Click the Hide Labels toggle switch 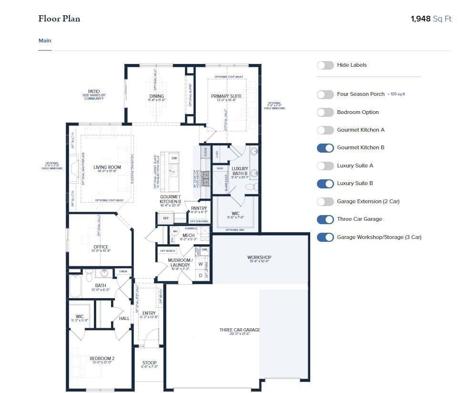325,65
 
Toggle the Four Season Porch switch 325,94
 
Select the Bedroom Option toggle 325,113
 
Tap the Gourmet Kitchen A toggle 325,130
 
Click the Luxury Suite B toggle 325,184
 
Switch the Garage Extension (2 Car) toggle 325,202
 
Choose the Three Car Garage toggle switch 325,219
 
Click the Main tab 45,41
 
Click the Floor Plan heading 59,19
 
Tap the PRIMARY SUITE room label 226,96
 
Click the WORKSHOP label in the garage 259,258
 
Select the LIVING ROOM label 107,167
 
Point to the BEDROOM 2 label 102,359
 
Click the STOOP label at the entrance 150,363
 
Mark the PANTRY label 199,208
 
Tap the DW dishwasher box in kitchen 174,158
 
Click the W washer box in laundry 201,264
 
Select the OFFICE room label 101,247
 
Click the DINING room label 157,96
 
